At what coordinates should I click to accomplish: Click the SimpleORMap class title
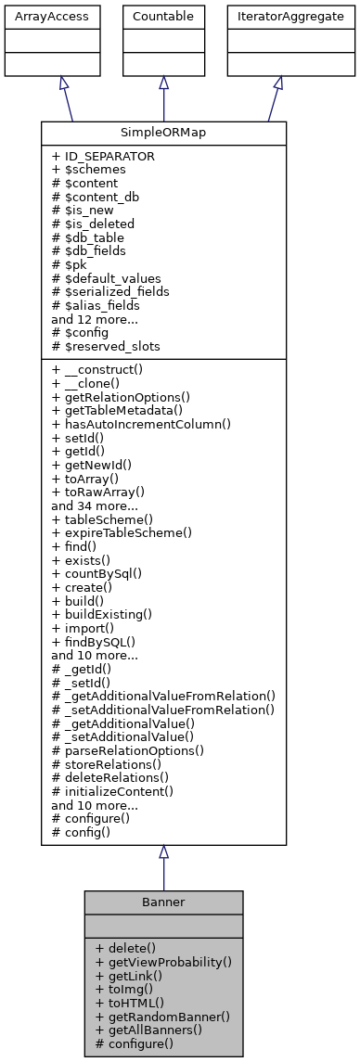click(x=163, y=133)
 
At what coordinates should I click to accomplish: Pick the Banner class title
click(x=163, y=902)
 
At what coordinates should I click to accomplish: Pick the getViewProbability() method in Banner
click(x=163, y=962)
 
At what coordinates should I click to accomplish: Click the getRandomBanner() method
click(x=162, y=1016)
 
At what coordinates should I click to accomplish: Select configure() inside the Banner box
click(x=135, y=1043)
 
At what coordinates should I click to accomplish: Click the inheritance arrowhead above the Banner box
click(x=163, y=852)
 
